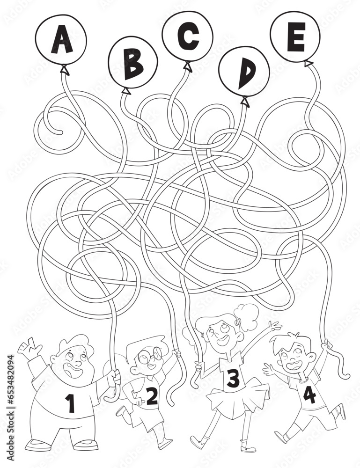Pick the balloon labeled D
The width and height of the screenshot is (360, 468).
[x=244, y=72]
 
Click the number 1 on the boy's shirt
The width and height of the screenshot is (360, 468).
[x=70, y=403]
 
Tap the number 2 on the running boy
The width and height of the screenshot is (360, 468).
[x=152, y=396]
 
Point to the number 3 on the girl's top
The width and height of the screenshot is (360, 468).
[x=233, y=378]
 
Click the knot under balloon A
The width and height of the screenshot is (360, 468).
[x=64, y=71]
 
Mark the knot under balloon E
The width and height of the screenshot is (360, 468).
[x=309, y=63]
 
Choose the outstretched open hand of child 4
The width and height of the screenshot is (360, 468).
[x=269, y=370]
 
